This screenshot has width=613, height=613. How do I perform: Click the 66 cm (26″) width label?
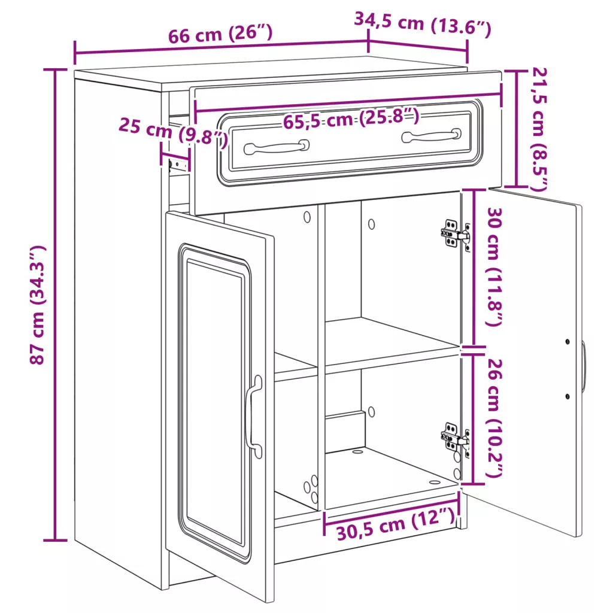[220, 34]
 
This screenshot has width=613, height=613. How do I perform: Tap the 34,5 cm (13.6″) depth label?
[422, 24]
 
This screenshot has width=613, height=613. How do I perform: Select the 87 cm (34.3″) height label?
[38, 305]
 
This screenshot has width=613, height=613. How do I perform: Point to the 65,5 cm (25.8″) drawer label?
[351, 119]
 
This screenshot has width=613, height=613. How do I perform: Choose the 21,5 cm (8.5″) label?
[539, 129]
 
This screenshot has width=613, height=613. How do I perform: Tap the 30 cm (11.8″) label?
[494, 266]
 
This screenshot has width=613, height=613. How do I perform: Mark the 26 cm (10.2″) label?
[494, 418]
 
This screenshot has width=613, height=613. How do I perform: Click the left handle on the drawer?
[277, 147]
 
